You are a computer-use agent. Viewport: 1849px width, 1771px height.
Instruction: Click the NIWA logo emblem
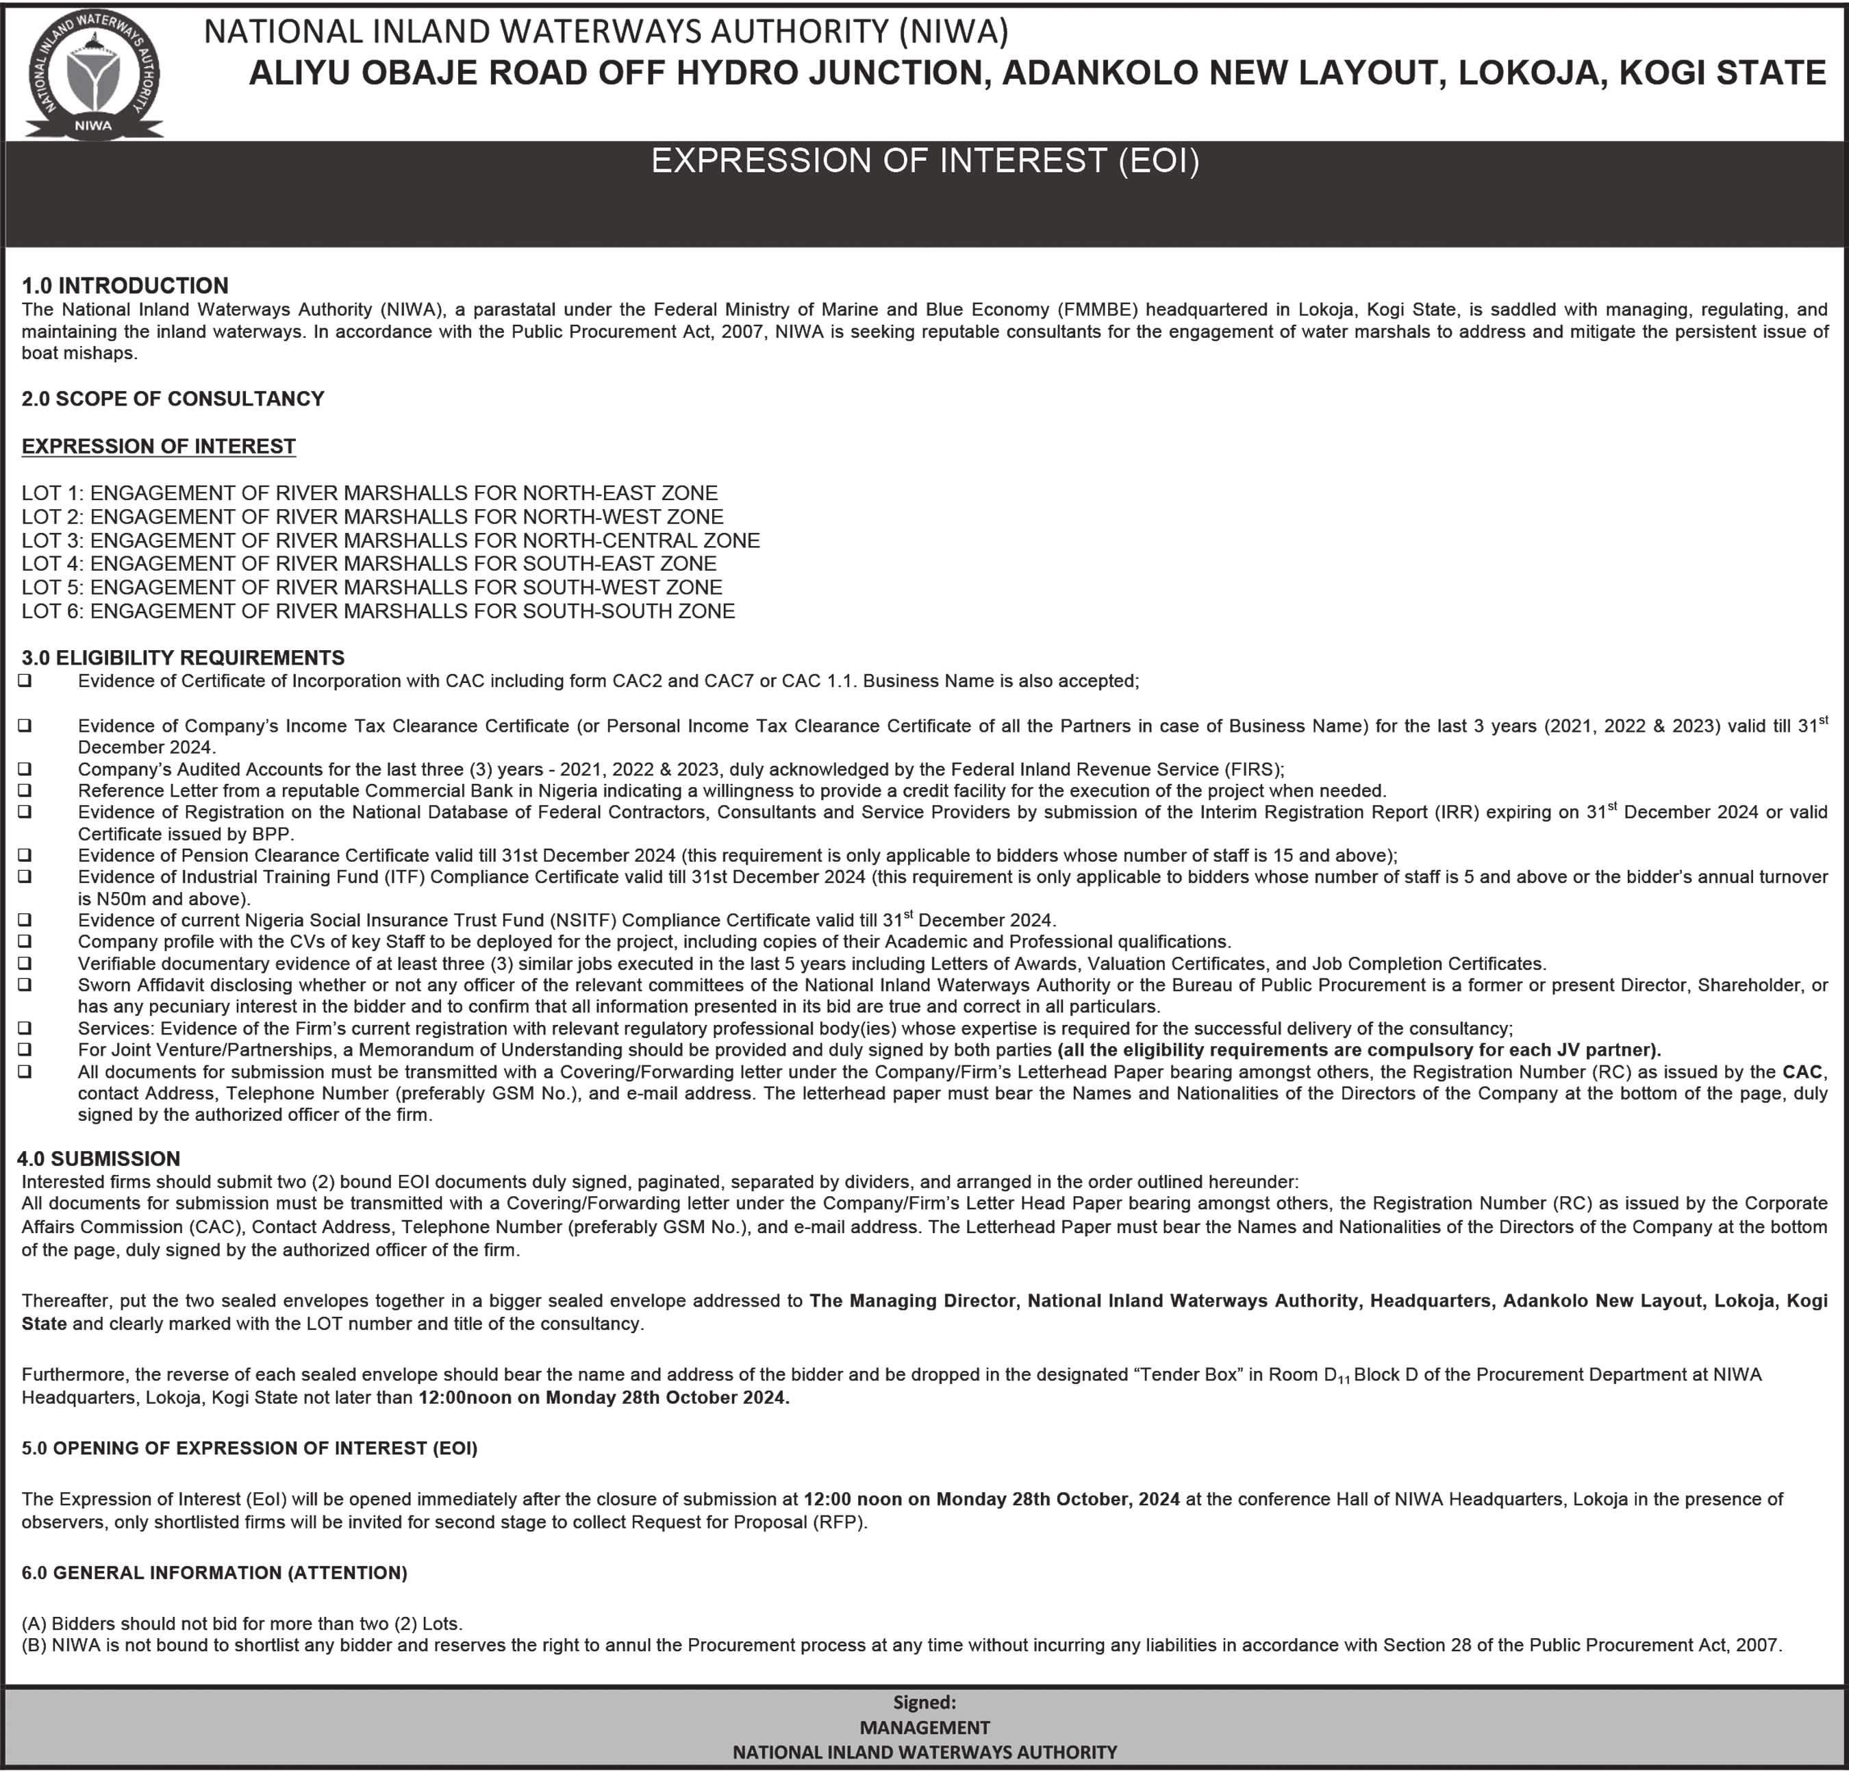(93, 75)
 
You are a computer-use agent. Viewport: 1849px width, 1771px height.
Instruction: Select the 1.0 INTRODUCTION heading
(125, 285)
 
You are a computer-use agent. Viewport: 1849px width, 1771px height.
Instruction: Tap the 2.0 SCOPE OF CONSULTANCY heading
(173, 398)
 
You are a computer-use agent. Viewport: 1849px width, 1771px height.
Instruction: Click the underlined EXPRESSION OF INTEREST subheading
(158, 446)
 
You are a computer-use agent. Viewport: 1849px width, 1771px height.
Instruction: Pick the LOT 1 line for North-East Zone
(370, 493)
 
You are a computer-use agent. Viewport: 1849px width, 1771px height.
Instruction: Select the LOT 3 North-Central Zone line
(390, 540)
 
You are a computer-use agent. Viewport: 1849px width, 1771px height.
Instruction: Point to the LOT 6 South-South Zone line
(378, 610)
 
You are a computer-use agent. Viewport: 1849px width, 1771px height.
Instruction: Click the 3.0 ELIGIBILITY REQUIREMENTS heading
(183, 658)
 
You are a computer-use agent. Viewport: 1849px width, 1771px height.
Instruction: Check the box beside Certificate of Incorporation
(25, 680)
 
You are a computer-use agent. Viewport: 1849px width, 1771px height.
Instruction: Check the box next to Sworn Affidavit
(25, 984)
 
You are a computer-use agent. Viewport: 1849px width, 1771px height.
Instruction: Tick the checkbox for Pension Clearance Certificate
(25, 855)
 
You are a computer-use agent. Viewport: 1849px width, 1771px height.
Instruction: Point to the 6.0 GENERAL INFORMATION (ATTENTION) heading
(214, 1573)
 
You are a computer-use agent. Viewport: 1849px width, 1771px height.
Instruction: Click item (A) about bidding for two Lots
(242, 1624)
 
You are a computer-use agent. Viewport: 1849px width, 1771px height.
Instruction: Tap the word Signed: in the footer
(924, 1702)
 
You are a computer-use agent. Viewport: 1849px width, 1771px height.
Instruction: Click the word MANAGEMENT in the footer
(924, 1726)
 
